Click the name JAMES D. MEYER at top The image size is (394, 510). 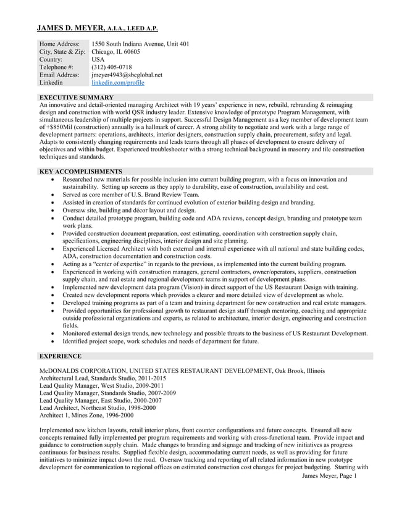[x=70, y=28]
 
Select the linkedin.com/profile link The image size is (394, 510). [x=117, y=82]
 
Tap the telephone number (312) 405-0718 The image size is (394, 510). [x=111, y=67]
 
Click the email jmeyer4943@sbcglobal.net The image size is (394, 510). [x=127, y=75]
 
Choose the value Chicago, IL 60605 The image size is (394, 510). [x=115, y=52]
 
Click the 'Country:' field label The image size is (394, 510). [x=55, y=59]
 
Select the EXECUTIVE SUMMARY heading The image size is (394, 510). [x=76, y=98]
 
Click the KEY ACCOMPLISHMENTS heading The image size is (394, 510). [x=80, y=171]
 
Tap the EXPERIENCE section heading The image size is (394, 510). [x=60, y=356]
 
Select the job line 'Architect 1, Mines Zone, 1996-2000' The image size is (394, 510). [x=86, y=416]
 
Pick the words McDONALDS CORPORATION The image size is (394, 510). [x=83, y=370]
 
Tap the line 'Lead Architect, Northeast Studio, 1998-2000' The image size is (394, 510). [x=97, y=408]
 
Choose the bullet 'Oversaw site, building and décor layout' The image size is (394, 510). [x=128, y=210]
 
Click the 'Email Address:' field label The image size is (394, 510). [x=59, y=75]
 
